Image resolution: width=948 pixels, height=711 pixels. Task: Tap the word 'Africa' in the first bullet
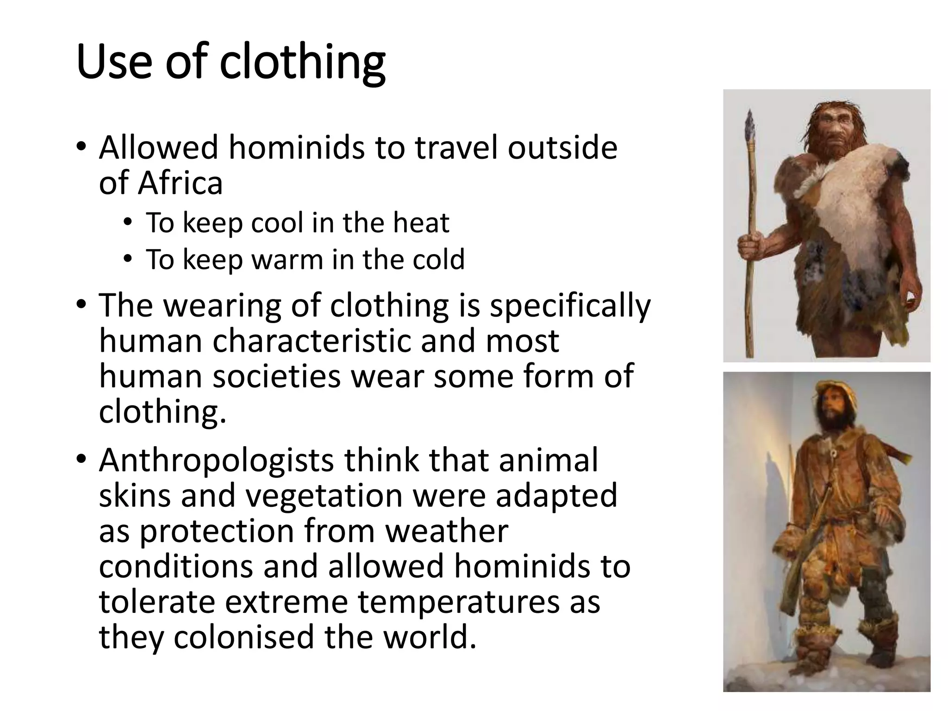(x=181, y=183)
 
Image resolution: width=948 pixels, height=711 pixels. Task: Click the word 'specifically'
(x=570, y=306)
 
